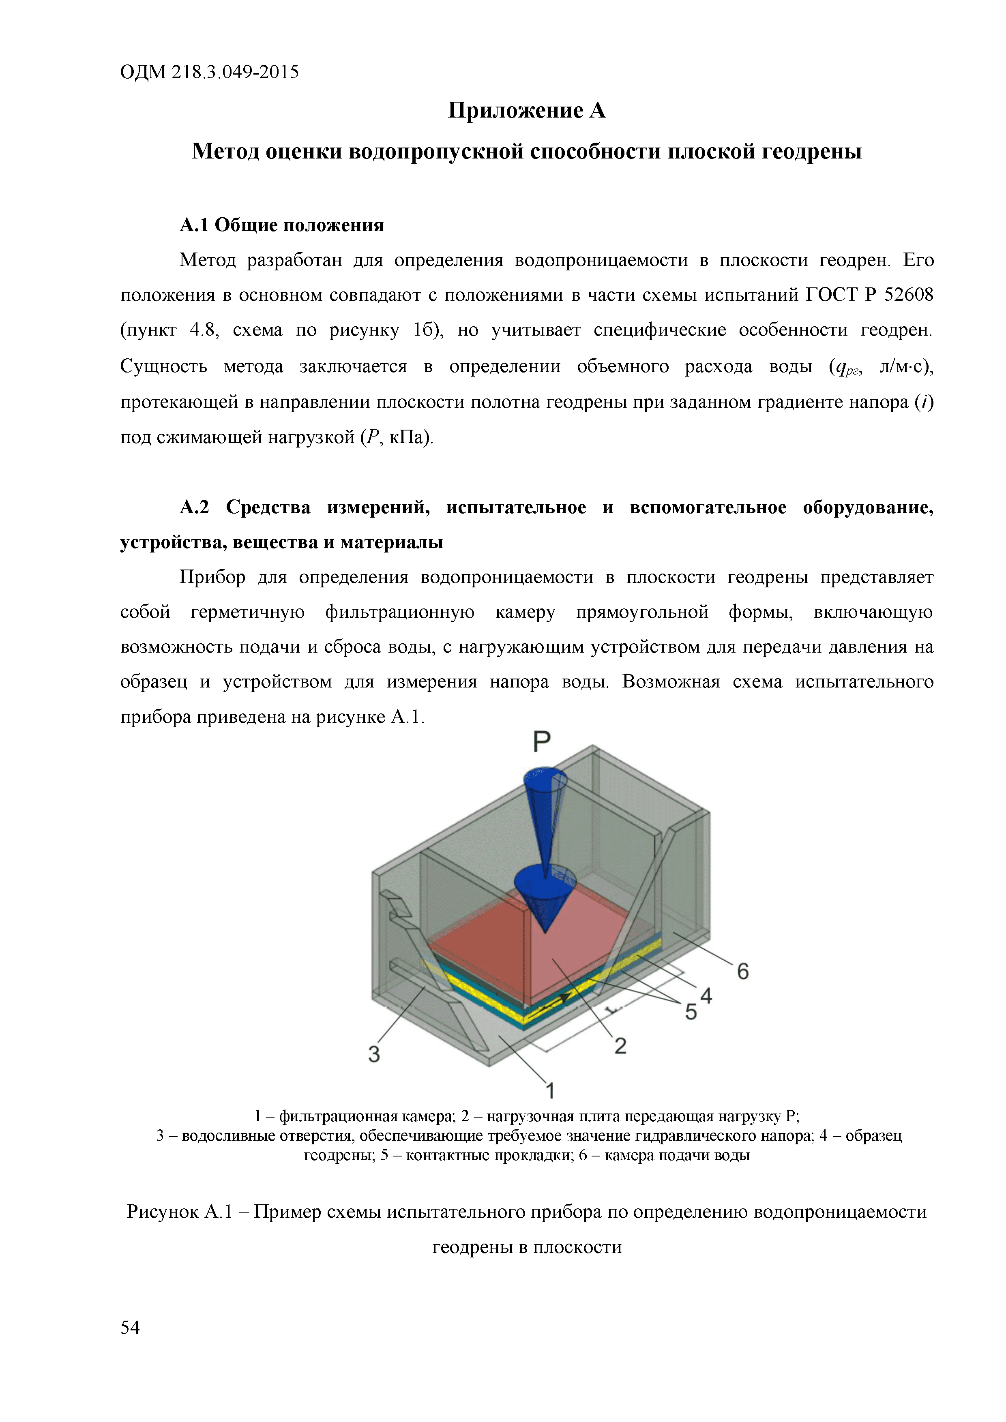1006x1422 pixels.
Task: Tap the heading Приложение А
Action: click(x=527, y=111)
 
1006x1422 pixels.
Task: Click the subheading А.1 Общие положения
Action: click(x=282, y=225)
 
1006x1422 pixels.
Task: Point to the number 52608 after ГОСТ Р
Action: click(x=908, y=295)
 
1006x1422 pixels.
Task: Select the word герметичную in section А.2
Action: click(x=248, y=612)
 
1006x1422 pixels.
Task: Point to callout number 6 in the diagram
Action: click(x=743, y=971)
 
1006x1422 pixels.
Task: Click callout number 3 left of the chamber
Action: click(x=374, y=1054)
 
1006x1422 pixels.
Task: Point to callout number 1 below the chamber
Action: click(x=549, y=1090)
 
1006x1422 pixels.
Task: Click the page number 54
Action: click(x=130, y=1327)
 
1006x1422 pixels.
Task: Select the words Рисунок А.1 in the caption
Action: click(x=179, y=1212)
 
